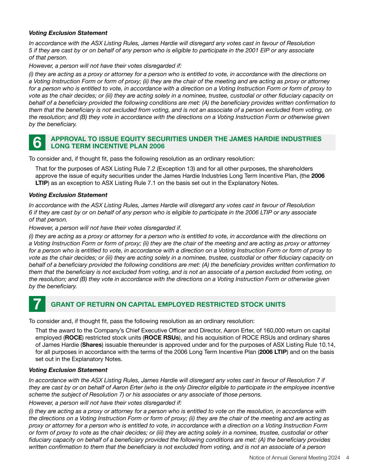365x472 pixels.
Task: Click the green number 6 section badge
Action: click(x=37, y=143)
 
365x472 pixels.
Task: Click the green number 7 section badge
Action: click(x=37, y=304)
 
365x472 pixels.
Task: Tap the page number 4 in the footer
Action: click(x=347, y=458)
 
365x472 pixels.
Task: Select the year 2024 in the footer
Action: click(x=335, y=458)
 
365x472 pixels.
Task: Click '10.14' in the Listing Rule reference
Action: click(x=328, y=345)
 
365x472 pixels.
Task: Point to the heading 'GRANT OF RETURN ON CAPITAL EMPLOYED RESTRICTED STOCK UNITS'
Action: click(x=168, y=305)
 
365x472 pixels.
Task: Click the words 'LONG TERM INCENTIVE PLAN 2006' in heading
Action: click(x=108, y=146)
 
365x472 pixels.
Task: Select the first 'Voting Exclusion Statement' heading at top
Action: click(x=68, y=33)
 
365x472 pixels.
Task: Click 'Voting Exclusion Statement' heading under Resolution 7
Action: click(x=68, y=370)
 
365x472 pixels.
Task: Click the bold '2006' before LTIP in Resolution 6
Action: click(x=318, y=176)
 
